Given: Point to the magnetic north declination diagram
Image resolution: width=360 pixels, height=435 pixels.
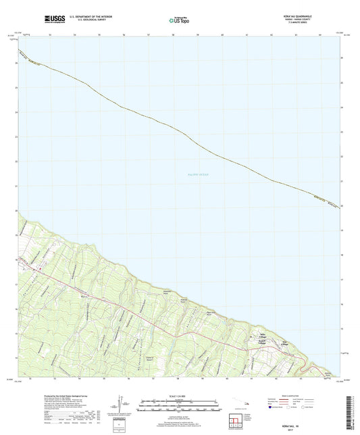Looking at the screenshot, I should click(120, 406).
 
